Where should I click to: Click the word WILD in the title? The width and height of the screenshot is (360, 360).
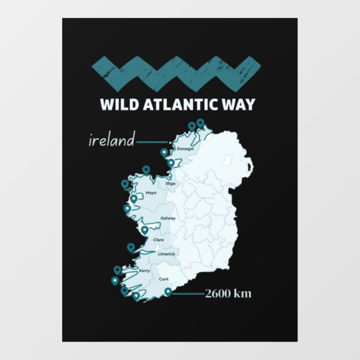pos(116,105)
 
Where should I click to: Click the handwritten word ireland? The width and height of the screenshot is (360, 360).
pos(112,140)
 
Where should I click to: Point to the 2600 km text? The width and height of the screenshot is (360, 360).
pos(228,293)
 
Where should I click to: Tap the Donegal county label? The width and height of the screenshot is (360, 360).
pos(184,149)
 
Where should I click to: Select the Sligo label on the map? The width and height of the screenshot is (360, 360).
pos(170,183)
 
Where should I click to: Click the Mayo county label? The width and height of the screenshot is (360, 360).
pos(151,193)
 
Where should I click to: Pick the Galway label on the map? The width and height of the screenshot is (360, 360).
pos(168,218)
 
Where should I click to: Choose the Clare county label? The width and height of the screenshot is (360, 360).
pos(158,240)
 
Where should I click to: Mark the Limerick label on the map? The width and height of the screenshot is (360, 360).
pos(166,254)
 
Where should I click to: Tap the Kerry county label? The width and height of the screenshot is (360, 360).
pos(144,271)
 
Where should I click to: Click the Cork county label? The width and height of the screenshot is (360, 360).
pos(164,278)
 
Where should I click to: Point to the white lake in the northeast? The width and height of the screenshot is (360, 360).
pos(228,160)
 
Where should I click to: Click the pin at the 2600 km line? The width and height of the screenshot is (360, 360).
pos(168,291)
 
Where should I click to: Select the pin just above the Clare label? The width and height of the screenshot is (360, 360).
pos(145,229)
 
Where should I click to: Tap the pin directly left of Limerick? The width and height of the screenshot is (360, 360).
pos(131,247)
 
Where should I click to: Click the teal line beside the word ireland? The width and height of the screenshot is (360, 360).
pos(151,141)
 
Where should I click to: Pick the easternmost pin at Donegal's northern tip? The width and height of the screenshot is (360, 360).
pos(200,123)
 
